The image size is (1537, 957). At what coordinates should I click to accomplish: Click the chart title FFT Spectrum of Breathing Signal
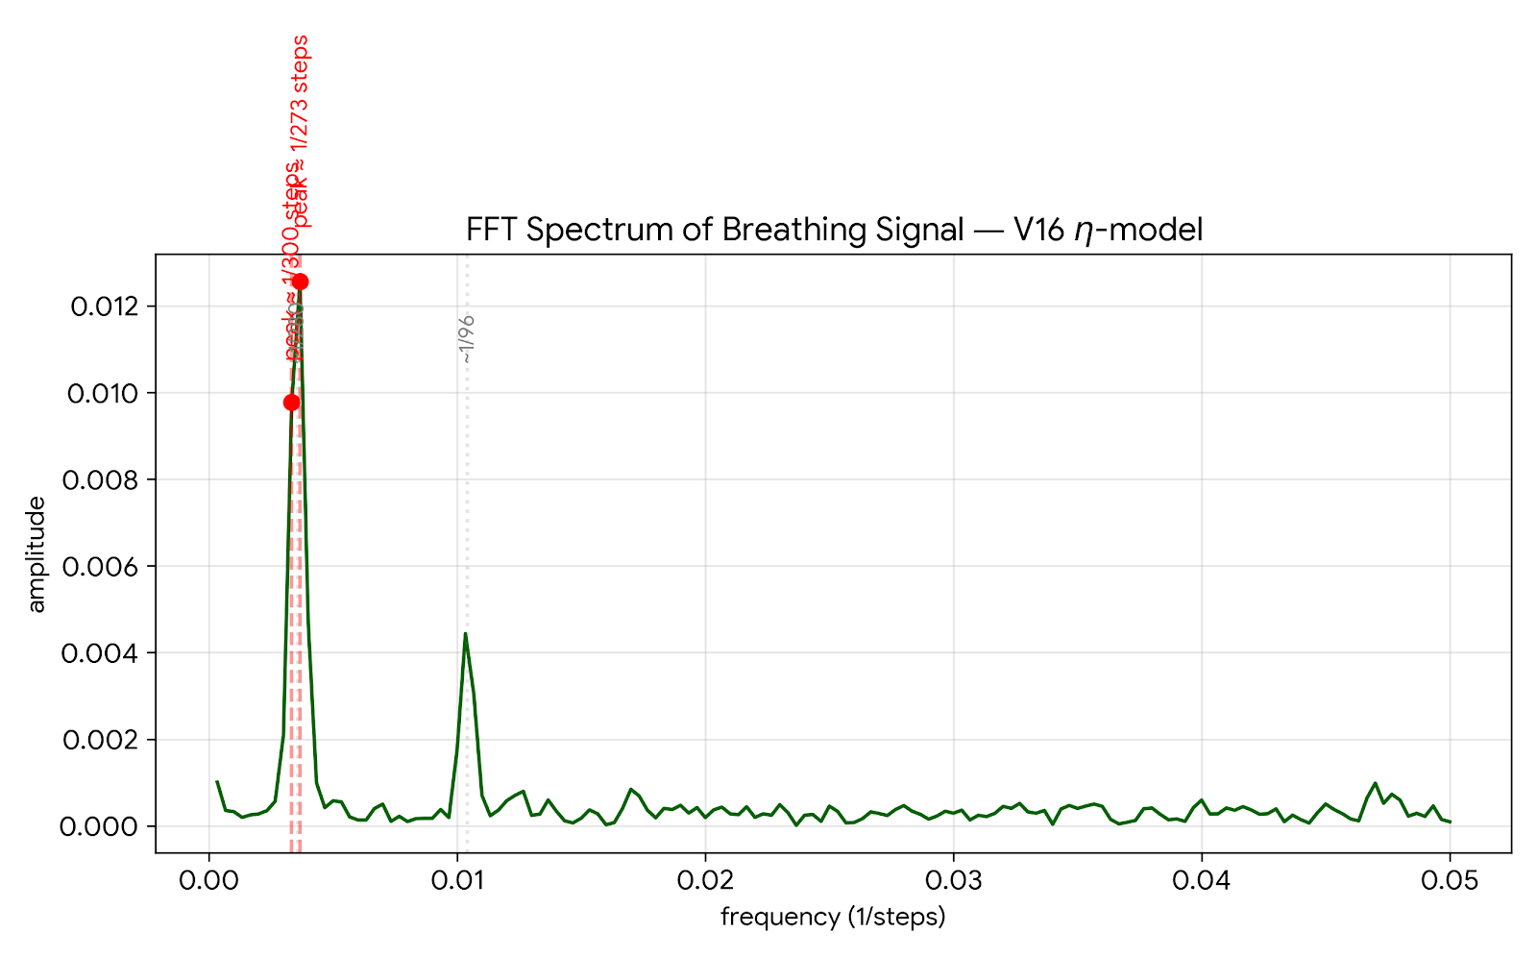coord(834,231)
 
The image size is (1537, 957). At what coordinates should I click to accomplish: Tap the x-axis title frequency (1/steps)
coord(833,918)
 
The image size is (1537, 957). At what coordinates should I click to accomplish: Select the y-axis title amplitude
coord(37,554)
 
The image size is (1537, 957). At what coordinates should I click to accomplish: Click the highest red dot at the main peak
coord(300,282)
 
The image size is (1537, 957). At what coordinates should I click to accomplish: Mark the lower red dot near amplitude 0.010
coord(291,403)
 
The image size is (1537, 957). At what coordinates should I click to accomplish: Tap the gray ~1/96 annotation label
coord(467,338)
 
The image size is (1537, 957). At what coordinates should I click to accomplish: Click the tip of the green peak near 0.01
coord(465,633)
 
